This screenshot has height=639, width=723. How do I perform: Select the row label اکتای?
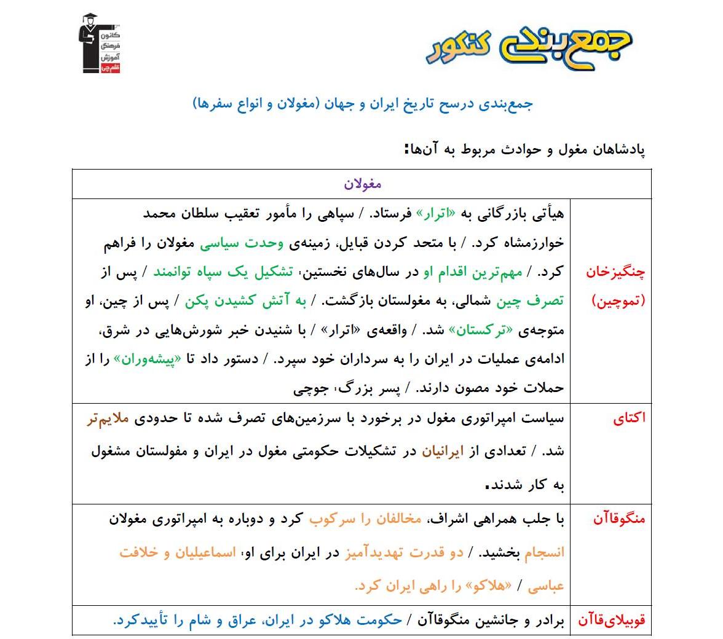coord(630,418)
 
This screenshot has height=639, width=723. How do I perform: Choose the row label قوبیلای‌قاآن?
coord(611,621)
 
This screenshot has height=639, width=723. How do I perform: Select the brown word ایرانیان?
coord(444,452)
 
